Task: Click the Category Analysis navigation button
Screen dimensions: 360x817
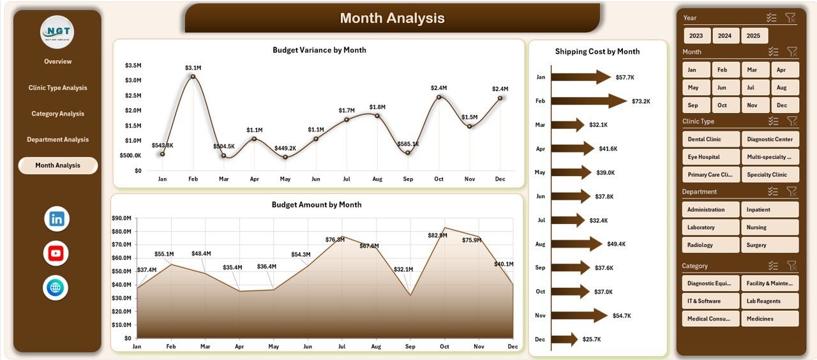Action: click(x=57, y=114)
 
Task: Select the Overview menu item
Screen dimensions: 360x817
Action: click(x=57, y=61)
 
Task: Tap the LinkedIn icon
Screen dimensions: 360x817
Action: click(x=56, y=219)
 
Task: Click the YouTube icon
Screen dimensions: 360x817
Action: click(x=56, y=253)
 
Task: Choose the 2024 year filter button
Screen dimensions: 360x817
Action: click(x=724, y=36)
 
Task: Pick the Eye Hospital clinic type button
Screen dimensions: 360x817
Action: click(x=710, y=157)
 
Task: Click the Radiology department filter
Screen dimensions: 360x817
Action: click(x=710, y=245)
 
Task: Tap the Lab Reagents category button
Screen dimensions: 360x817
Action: click(x=770, y=301)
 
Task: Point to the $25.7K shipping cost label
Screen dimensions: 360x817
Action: click(x=591, y=340)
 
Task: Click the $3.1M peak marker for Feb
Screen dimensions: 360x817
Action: click(x=193, y=77)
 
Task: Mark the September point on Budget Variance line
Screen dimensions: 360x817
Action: click(x=408, y=153)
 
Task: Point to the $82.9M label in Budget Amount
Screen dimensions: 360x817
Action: click(x=438, y=236)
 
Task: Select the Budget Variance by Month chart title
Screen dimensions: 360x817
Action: click(x=319, y=50)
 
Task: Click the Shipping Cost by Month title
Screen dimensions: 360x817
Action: click(x=597, y=52)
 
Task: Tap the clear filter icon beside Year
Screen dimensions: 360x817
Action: click(x=790, y=18)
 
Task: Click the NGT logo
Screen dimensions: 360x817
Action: click(x=57, y=32)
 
